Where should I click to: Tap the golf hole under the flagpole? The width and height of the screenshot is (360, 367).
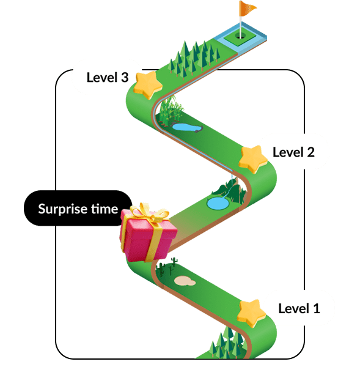pyautogui.click(x=240, y=36)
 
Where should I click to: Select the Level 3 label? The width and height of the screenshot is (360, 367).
pyautogui.click(x=108, y=77)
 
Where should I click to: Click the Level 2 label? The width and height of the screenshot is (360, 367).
pyautogui.click(x=293, y=152)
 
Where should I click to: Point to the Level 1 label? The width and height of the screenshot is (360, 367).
pyautogui.click(x=299, y=308)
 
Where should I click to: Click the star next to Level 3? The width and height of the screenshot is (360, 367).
pyautogui.click(x=148, y=85)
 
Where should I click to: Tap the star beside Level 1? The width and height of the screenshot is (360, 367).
pyautogui.click(x=252, y=313)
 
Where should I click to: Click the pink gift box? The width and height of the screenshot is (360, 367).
pyautogui.click(x=148, y=235)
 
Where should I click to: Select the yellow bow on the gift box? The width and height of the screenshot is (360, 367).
pyautogui.click(x=150, y=212)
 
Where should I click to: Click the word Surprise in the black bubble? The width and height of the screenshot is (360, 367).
pyautogui.click(x=64, y=209)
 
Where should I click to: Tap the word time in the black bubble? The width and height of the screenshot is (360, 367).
pyautogui.click(x=105, y=209)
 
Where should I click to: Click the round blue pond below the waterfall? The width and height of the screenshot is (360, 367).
pyautogui.click(x=218, y=203)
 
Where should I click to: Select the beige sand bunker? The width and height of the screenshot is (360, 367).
pyautogui.click(x=185, y=281)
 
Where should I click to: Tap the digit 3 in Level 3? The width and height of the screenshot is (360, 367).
pyautogui.click(x=125, y=78)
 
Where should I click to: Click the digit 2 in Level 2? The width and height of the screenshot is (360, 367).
pyautogui.click(x=311, y=152)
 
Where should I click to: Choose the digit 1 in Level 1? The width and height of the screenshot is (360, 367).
pyautogui.click(x=317, y=308)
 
